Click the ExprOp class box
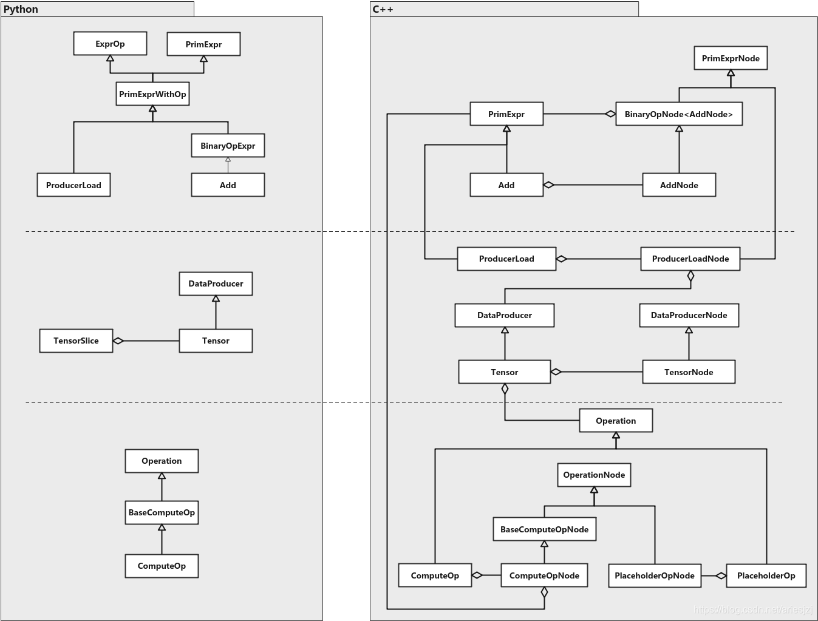[x=110, y=44]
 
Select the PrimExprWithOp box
[x=152, y=94]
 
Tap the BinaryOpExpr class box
[x=228, y=146]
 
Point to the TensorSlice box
[x=76, y=341]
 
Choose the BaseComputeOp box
[x=162, y=512]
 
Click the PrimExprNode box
[x=731, y=58]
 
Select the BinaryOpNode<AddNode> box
[x=679, y=114]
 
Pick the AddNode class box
[x=679, y=185]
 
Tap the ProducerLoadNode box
[x=690, y=259]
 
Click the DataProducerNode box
[x=689, y=315]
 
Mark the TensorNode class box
[x=689, y=372]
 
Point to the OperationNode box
[x=594, y=475]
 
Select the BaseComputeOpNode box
[x=544, y=529]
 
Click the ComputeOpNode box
[x=544, y=575]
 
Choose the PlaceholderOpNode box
[x=654, y=575]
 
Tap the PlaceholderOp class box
[x=766, y=575]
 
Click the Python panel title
[x=21, y=9]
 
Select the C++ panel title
[x=383, y=9]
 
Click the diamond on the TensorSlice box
[x=118, y=341]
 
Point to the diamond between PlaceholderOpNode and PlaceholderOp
[x=721, y=575]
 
